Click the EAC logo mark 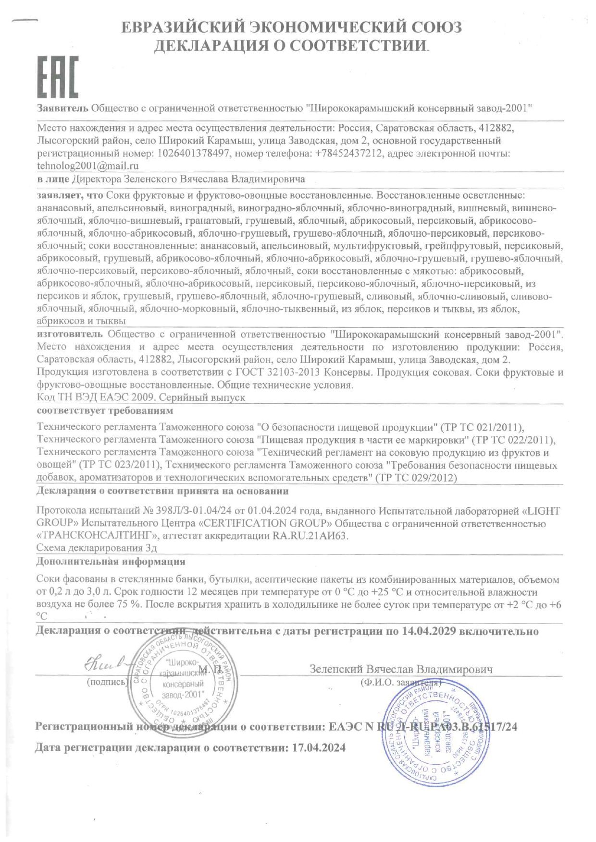coord(58,77)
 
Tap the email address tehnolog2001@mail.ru coord(88,166)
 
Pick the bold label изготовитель coord(70,334)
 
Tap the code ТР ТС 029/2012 coord(416,478)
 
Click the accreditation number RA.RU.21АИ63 coord(310,536)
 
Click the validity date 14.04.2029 coord(428,631)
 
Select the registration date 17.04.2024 coord(319,747)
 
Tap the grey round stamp coord(182,684)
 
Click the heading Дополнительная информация coord(111,561)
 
